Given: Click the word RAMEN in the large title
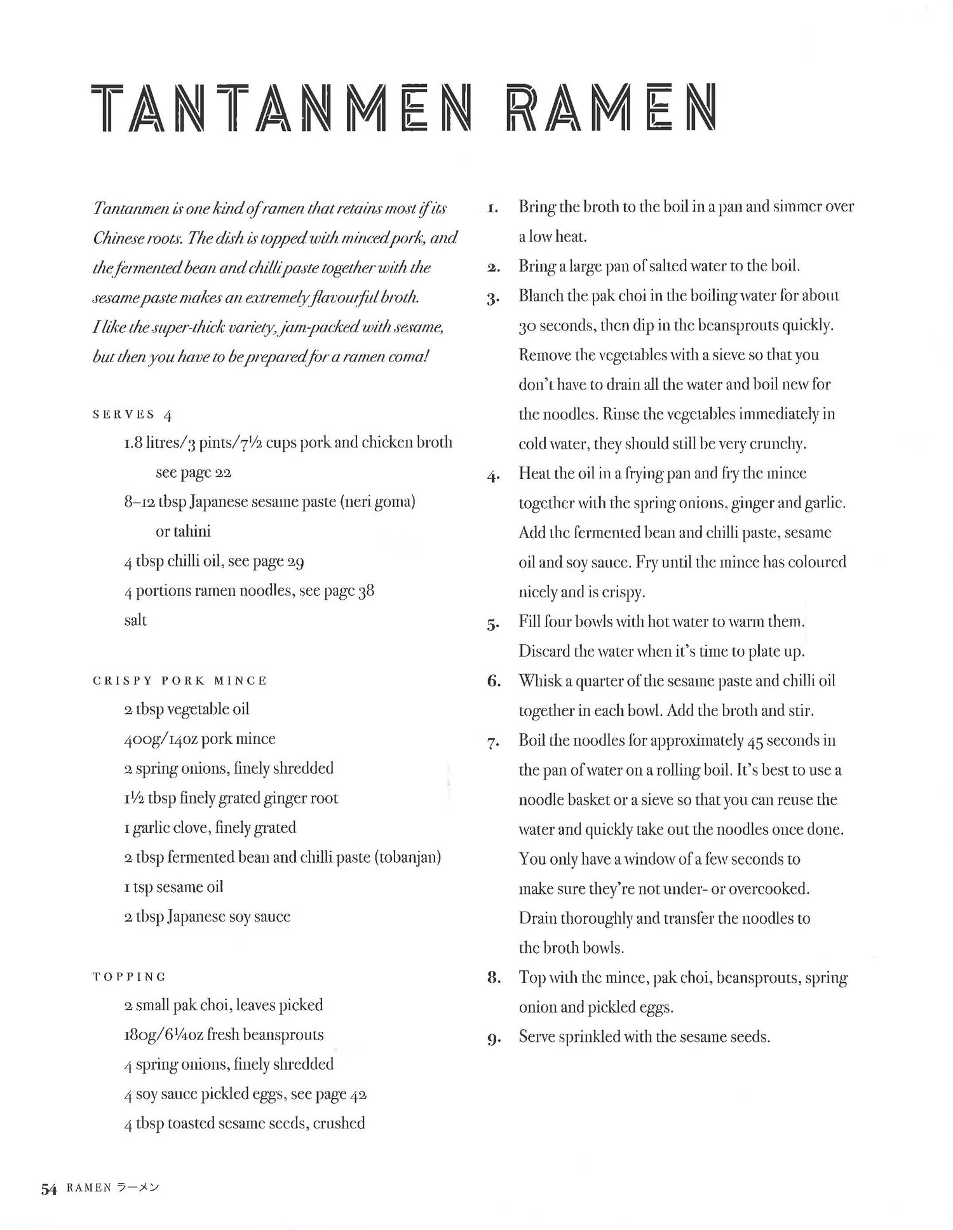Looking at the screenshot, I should tap(611, 107).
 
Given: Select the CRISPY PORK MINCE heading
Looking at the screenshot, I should tap(180, 680).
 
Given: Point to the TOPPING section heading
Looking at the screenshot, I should tap(130, 977).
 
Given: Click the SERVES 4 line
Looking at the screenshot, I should tap(132, 415).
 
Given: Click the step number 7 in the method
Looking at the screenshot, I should tap(493, 742).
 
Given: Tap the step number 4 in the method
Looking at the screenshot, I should tap(493, 475).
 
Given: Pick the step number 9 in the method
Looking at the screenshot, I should tap(493, 1039).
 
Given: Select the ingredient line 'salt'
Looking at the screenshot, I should tap(135, 620).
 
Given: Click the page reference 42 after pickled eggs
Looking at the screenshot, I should tap(358, 1094).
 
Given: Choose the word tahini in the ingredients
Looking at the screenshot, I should tap(191, 531).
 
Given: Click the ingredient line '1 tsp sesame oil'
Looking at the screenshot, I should tap(173, 887).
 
